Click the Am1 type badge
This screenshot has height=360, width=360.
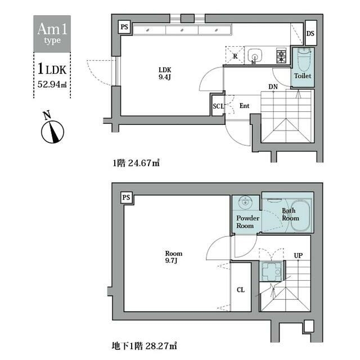click(x=52, y=34)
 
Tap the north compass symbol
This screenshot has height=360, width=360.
click(x=52, y=130)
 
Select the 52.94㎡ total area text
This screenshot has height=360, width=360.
click(x=52, y=84)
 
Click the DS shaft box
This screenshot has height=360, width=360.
click(x=310, y=33)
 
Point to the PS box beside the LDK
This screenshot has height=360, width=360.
click(x=124, y=27)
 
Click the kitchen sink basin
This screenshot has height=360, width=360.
click(x=255, y=56)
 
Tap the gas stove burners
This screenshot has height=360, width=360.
click(x=281, y=56)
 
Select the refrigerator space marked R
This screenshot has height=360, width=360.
click(x=235, y=55)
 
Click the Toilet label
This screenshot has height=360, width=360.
click(x=303, y=76)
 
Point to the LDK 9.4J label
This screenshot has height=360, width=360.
click(x=165, y=73)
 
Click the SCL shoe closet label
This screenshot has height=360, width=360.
click(x=218, y=106)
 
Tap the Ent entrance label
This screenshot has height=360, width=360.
click(x=244, y=106)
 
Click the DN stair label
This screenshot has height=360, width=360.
click(x=273, y=87)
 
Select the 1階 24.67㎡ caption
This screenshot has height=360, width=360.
click(x=136, y=163)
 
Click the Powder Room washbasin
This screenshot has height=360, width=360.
click(x=245, y=202)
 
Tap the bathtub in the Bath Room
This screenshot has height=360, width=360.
click(x=300, y=216)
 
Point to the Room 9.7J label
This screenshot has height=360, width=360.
click(x=174, y=257)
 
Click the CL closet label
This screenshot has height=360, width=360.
click(x=241, y=290)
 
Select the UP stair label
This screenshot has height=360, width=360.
click(x=298, y=255)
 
